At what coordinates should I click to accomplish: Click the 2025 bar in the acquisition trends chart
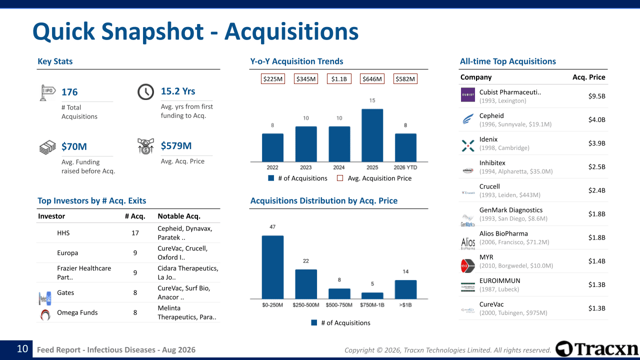(372, 135)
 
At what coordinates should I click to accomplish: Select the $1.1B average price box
(339, 79)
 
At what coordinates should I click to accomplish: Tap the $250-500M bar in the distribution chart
(305, 284)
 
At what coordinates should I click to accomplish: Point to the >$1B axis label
(405, 305)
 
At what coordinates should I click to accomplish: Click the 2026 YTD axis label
(405, 167)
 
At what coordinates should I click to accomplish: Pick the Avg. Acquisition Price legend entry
(374, 178)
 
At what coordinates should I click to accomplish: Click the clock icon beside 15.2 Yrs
(145, 92)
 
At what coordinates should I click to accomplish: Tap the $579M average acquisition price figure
(176, 145)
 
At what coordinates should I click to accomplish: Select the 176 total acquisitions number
(69, 92)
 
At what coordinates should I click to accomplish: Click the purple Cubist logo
(467, 95)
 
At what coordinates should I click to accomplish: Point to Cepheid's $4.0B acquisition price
(596, 119)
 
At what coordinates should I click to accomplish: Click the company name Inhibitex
(492, 163)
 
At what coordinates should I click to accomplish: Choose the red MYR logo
(467, 265)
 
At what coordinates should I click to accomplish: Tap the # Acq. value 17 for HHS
(135, 233)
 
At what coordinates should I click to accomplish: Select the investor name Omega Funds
(77, 312)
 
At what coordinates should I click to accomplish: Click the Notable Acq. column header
(179, 216)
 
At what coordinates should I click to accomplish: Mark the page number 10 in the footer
(22, 349)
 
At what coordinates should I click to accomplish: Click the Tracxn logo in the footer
(596, 349)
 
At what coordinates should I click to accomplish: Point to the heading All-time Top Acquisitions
(507, 61)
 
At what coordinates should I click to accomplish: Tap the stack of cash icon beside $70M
(47, 147)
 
